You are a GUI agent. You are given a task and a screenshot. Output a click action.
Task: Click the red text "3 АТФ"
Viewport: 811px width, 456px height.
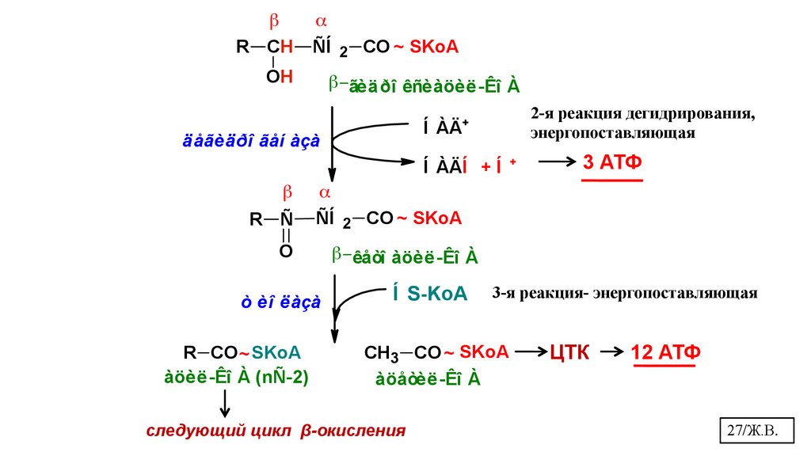point(611,164)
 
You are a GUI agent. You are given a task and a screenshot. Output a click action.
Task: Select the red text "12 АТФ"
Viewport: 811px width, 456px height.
point(665,352)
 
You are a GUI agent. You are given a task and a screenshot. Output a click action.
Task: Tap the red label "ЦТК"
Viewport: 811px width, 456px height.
point(569,353)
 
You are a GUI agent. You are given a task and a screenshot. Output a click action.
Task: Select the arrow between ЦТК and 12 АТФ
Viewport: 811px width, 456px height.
point(610,351)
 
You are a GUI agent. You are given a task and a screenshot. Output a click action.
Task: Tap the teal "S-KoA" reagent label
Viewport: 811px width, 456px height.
point(437,294)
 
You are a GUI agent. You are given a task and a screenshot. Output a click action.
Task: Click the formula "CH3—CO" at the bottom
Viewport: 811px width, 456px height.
point(402,352)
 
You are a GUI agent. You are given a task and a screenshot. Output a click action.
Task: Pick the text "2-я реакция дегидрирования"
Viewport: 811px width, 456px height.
point(643,115)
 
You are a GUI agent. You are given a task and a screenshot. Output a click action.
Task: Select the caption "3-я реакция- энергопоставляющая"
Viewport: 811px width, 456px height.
point(625,293)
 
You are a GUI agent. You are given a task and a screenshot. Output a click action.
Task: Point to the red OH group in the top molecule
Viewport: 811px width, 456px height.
point(280,76)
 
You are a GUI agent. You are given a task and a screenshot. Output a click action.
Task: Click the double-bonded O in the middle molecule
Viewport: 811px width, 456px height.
point(286,251)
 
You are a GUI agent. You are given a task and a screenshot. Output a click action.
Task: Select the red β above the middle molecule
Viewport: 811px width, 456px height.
point(287,192)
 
